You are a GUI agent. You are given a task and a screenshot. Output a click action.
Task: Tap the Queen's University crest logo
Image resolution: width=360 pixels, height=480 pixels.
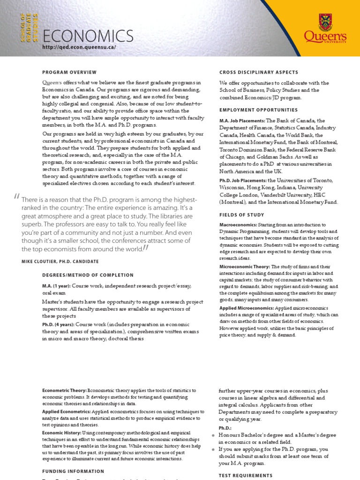[x=324, y=22]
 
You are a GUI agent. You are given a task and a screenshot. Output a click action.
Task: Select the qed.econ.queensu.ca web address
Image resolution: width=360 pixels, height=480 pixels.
[x=78, y=47]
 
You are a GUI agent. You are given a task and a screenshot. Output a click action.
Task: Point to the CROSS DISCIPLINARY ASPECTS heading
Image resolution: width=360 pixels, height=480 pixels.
[x=259, y=72]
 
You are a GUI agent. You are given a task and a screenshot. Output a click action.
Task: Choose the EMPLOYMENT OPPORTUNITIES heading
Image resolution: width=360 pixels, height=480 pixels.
[x=258, y=110]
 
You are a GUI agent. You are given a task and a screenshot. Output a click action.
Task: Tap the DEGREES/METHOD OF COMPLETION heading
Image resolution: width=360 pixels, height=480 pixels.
[x=88, y=275]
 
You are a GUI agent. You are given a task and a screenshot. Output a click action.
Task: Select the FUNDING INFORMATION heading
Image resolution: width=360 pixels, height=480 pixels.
[x=73, y=471]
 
